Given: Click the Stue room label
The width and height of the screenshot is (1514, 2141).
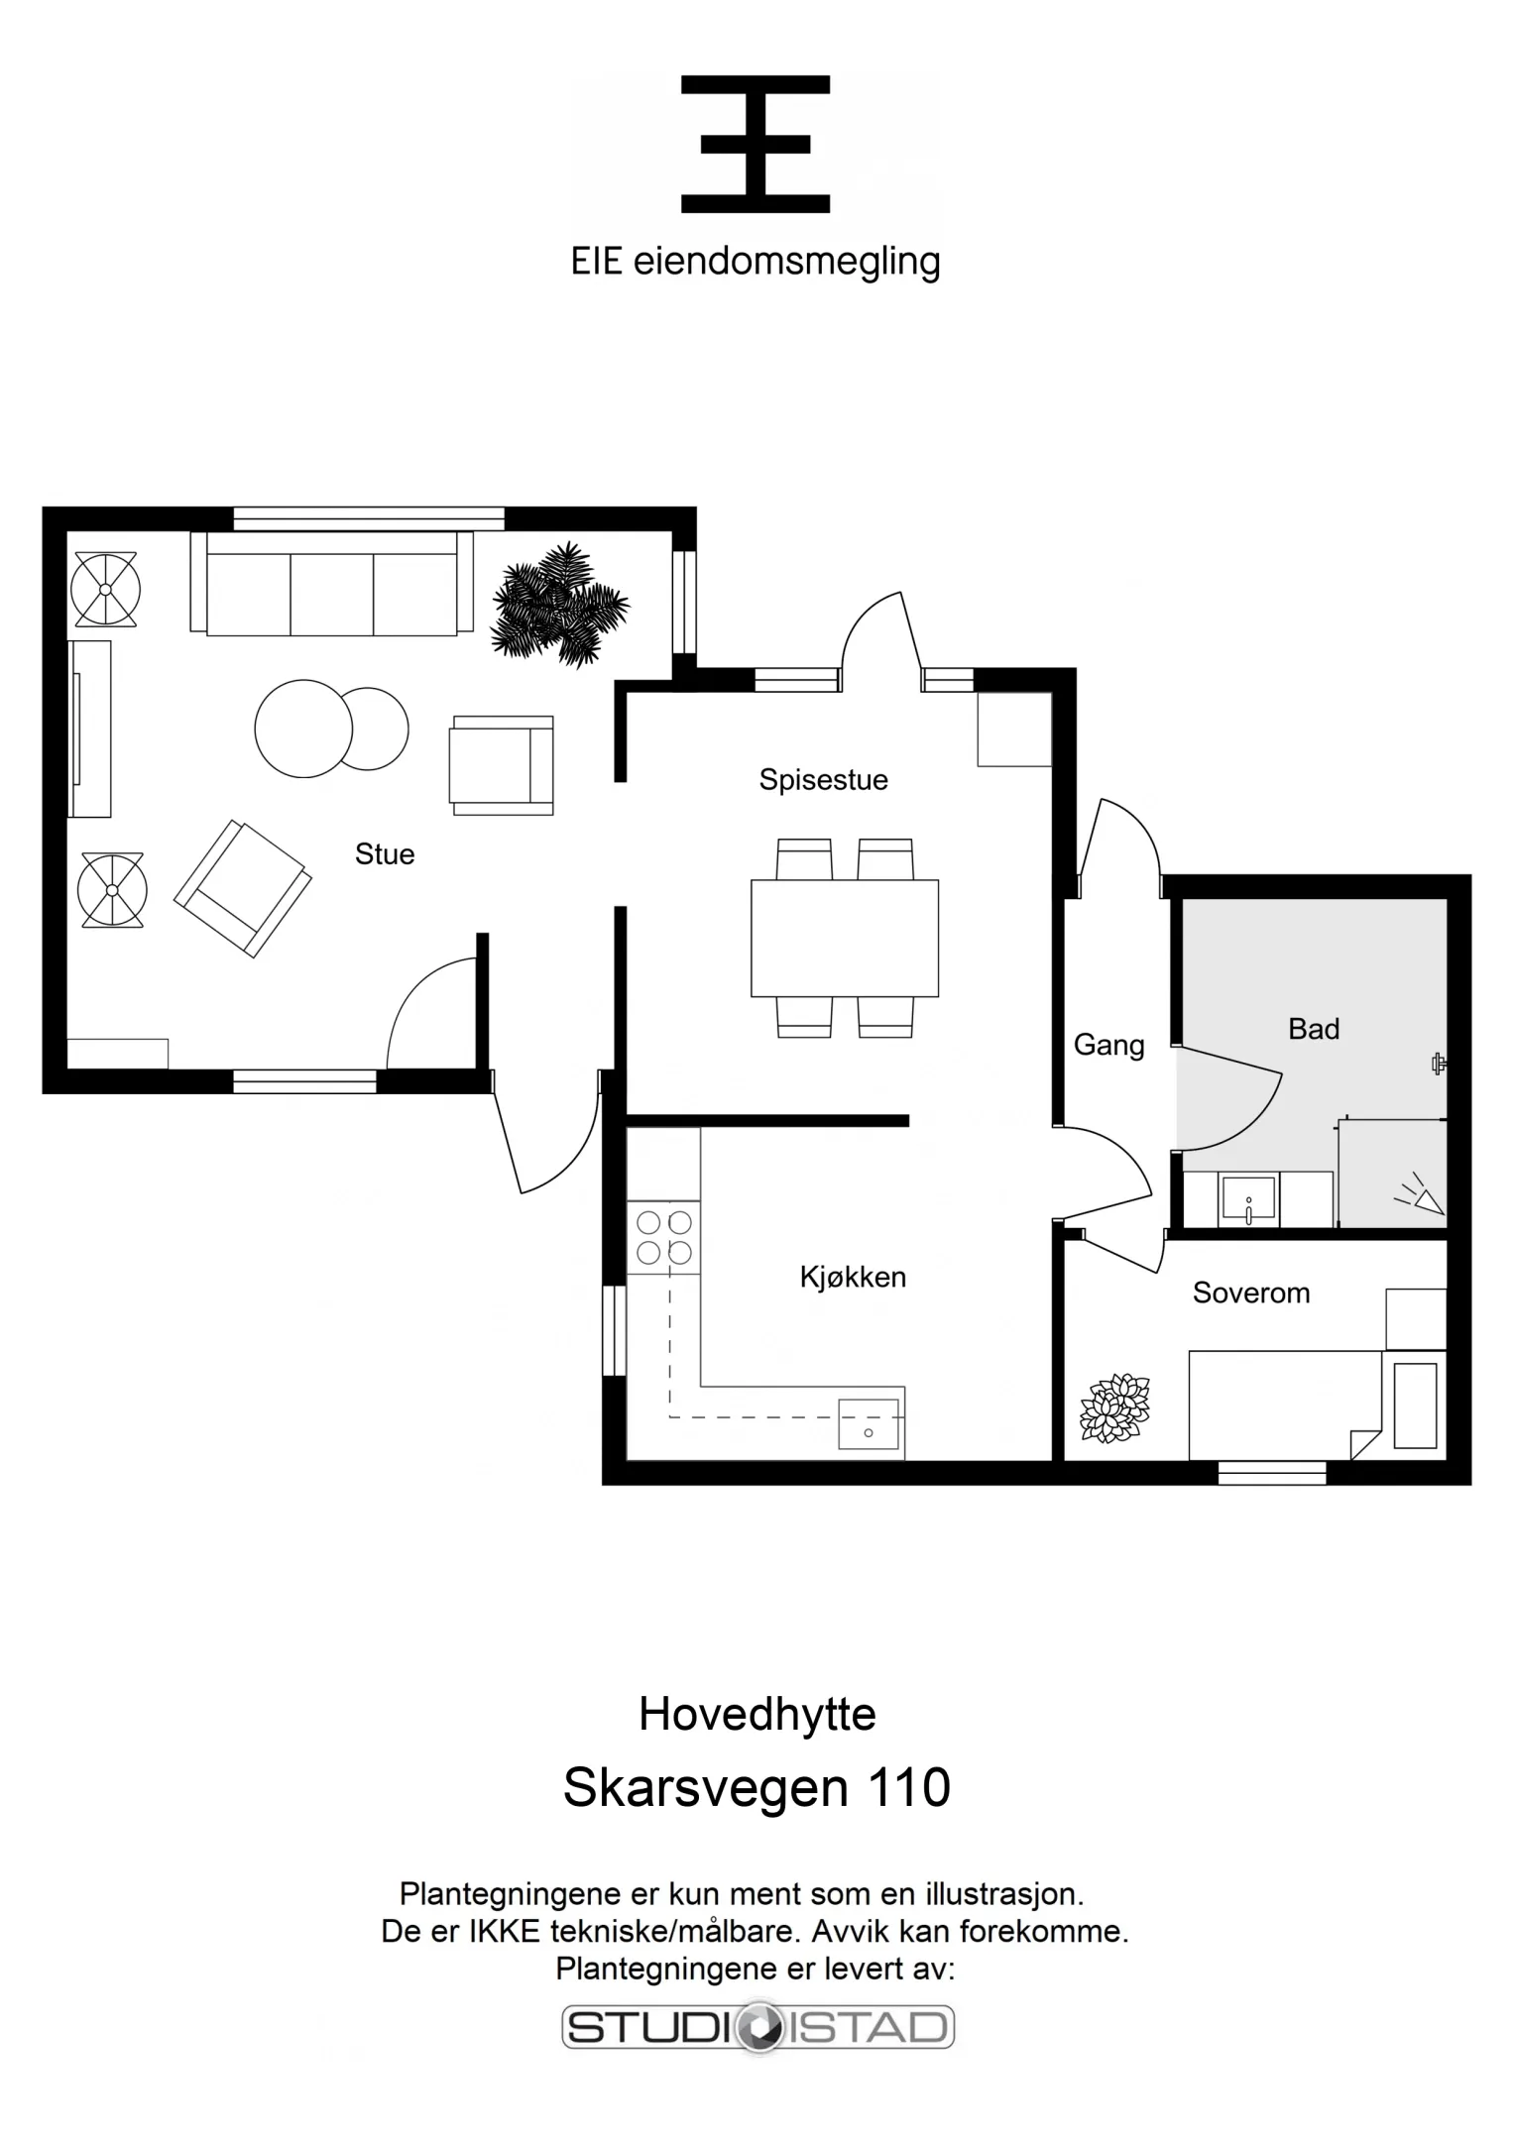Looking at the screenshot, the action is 385,854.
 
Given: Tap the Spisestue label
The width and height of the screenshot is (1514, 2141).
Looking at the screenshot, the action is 823,780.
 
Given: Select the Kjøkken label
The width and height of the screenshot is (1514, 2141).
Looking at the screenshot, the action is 853,1277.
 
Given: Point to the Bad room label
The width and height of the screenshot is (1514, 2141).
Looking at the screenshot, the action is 1314,1029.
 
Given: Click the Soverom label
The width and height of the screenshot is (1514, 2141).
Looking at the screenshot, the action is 1251,1293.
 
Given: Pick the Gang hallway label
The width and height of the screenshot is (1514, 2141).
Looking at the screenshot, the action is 1108,1046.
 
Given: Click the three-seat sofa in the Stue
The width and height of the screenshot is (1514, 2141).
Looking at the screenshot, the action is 331,583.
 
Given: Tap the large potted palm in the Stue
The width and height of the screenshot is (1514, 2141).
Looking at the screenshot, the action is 560,604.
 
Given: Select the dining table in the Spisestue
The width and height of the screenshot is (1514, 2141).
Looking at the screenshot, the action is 845,938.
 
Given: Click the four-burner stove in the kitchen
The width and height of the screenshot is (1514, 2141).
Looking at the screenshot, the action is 663,1237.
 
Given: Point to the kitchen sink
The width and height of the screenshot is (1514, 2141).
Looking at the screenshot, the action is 869,1424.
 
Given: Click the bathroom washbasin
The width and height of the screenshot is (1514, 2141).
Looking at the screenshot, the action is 1248,1199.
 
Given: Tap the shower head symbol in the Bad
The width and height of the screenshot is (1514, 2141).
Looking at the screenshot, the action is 1421,1196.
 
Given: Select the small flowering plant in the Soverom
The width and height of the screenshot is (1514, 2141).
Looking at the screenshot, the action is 1114,1409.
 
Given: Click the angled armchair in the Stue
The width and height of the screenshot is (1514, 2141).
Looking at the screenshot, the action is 243,888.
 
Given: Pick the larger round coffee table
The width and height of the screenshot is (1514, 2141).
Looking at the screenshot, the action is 303,729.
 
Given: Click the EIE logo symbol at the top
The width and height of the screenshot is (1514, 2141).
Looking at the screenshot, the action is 756,144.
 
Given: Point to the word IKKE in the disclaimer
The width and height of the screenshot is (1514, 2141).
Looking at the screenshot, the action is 505,1931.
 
